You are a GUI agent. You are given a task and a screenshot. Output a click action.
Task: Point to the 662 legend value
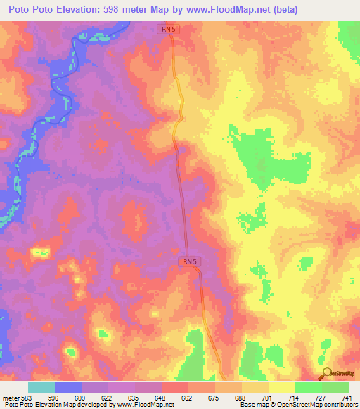coord(186,397)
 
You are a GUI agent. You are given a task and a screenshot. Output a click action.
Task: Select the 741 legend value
coord(347,397)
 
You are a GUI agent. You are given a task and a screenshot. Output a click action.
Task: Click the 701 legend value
coord(266,397)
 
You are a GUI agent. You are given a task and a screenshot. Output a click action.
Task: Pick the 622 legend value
coord(105,397)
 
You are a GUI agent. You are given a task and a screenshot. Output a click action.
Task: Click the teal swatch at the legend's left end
coord(41,387)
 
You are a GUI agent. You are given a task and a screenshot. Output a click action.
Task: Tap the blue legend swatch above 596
coord(68,387)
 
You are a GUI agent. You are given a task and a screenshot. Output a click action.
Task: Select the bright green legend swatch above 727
coord(309,387)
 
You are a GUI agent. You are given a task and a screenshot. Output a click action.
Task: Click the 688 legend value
coord(240,397)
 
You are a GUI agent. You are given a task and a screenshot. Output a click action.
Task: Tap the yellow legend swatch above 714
coord(282,387)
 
